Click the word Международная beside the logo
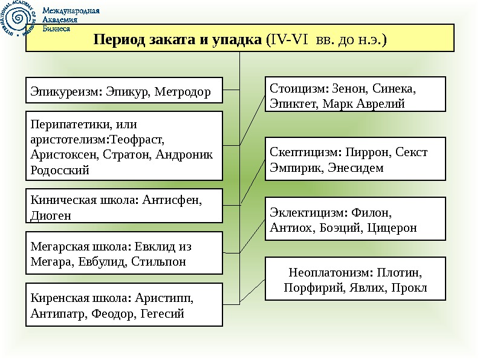point(71,10)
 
